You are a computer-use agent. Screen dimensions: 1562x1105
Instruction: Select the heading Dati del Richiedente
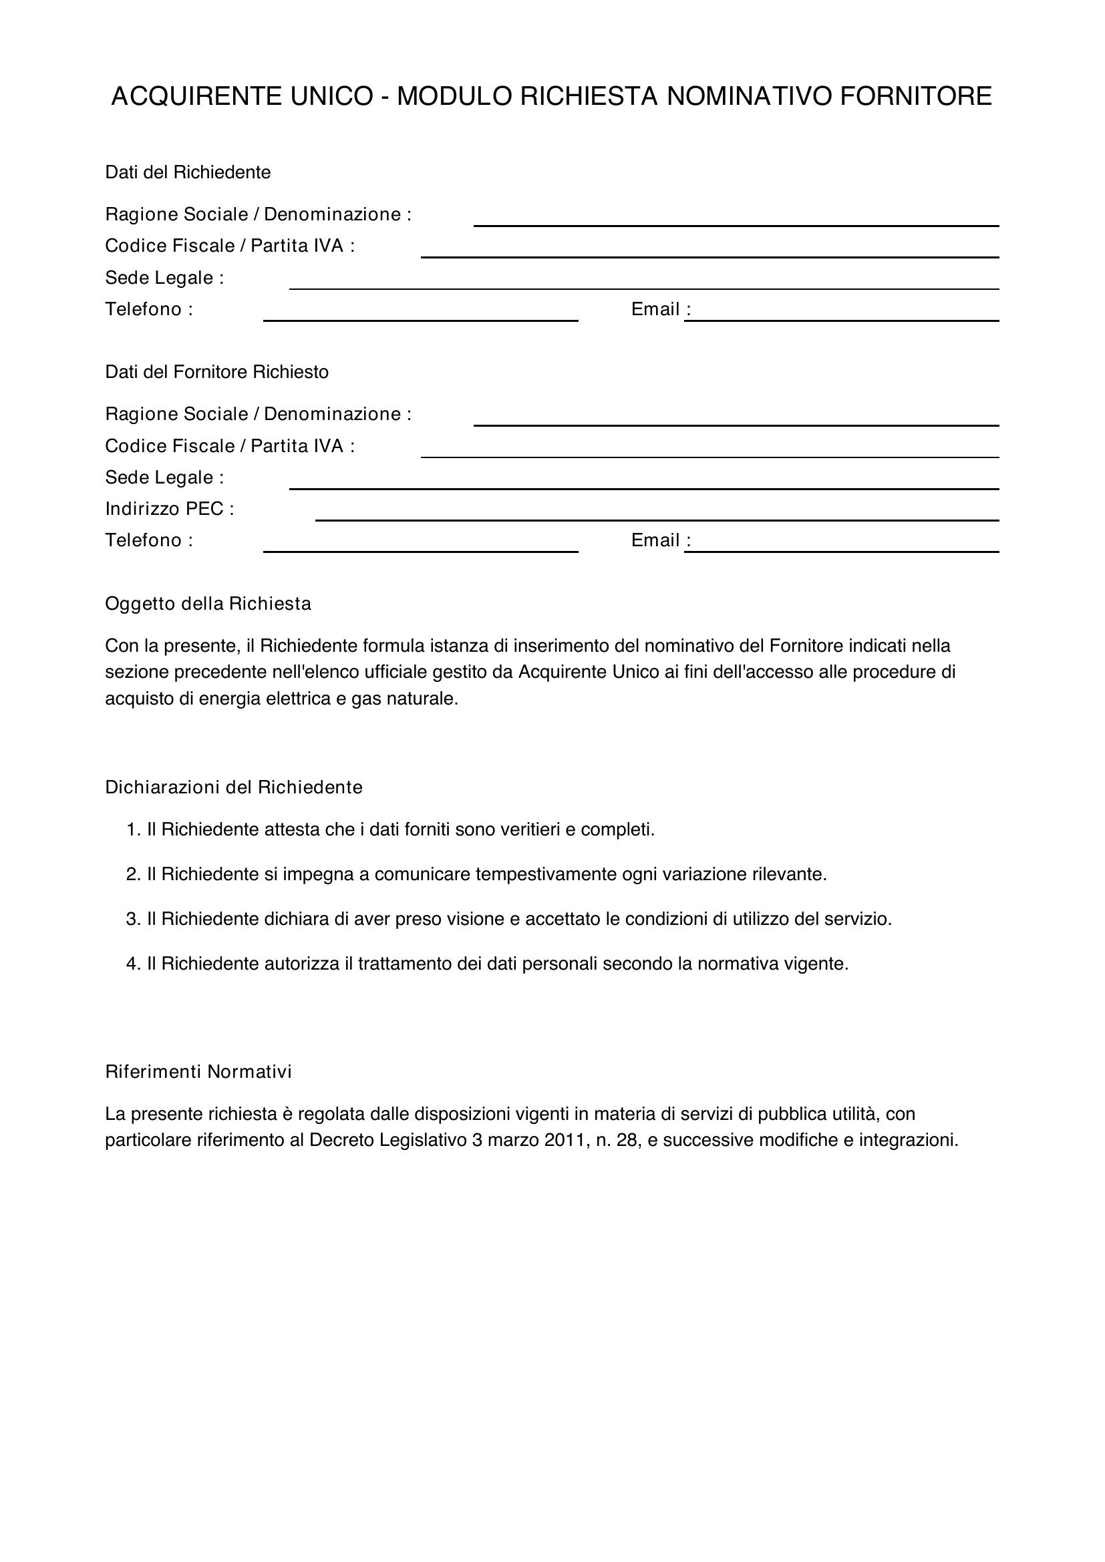(x=188, y=173)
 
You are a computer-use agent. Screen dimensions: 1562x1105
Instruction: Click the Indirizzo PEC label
(x=170, y=509)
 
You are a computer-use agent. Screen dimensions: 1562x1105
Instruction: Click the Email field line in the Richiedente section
(x=842, y=315)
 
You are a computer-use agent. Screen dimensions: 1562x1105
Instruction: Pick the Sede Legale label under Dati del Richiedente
(x=164, y=278)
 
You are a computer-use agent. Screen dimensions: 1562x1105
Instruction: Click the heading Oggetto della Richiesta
(x=208, y=604)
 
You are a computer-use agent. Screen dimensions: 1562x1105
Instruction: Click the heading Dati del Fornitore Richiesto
(x=216, y=372)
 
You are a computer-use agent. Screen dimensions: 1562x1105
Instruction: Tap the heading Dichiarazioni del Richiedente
(x=233, y=788)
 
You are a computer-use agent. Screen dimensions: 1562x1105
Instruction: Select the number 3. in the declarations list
(x=133, y=920)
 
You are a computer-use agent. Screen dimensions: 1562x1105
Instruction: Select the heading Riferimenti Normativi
(x=198, y=1072)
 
